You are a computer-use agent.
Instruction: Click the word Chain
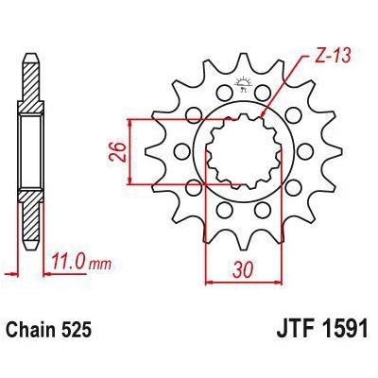[x=35, y=333]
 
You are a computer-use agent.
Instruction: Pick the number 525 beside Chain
[x=79, y=333]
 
